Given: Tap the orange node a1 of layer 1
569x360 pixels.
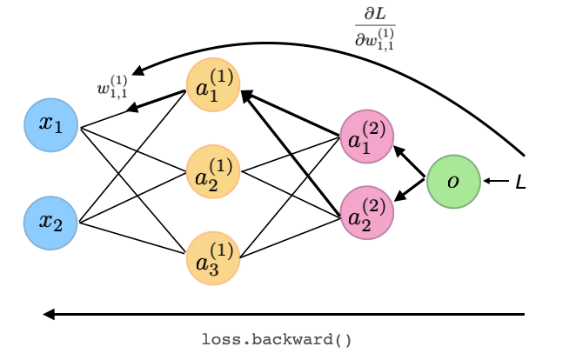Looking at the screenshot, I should tap(212, 85).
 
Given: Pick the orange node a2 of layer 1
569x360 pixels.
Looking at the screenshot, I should tap(212, 170).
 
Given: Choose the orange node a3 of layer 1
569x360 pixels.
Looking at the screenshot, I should tap(212, 257).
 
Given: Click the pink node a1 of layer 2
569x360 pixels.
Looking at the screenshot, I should tap(366, 137).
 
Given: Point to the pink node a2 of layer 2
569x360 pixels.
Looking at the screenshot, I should tap(366, 212).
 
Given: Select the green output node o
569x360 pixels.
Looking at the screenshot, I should tap(453, 182).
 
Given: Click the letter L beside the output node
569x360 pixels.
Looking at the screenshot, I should tap(520, 183).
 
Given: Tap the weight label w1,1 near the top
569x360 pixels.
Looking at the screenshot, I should tap(113, 86).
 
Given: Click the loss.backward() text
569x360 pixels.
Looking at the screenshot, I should tap(277, 338).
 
